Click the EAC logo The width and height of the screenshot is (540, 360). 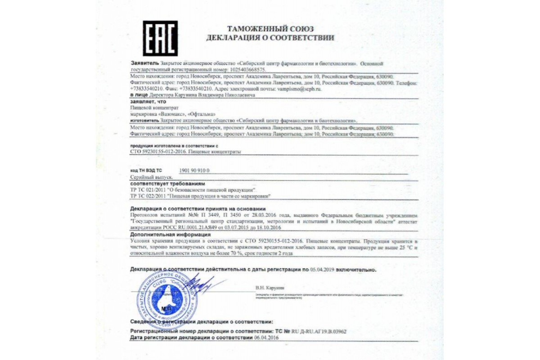point(160,38)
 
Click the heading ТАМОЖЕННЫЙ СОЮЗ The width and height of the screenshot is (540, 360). point(270,29)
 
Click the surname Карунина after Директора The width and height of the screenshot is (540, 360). point(194,95)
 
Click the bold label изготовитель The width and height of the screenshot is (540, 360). point(144,121)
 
